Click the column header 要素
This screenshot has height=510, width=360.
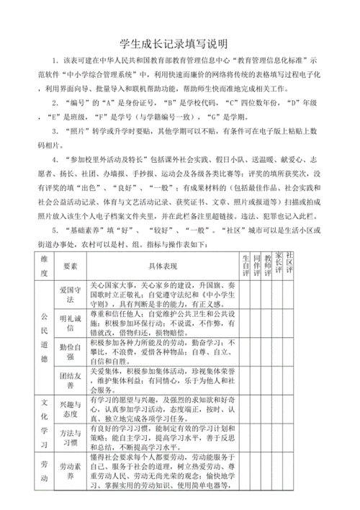pyautogui.click(x=70, y=267)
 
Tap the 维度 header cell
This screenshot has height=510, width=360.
pyautogui.click(x=44, y=267)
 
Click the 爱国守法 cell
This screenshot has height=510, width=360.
pyautogui.click(x=70, y=295)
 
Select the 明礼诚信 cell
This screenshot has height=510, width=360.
pyautogui.click(x=70, y=324)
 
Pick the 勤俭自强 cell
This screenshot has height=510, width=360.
pyautogui.click(x=70, y=352)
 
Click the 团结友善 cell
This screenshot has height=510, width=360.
pyautogui.click(x=70, y=380)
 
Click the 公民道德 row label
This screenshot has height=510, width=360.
pyautogui.click(x=44, y=338)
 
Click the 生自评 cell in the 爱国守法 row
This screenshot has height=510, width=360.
pyautogui.click(x=246, y=295)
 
